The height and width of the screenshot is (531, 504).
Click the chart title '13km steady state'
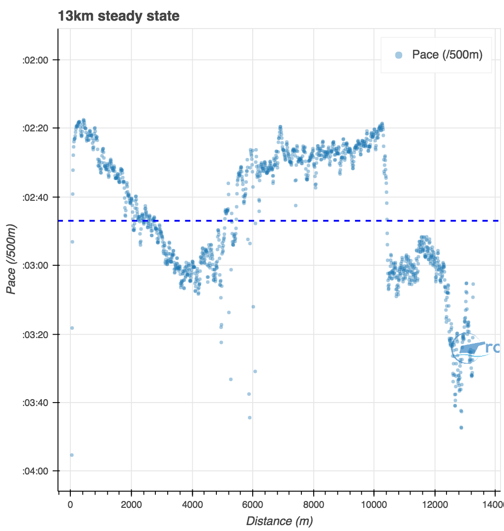click(x=119, y=16)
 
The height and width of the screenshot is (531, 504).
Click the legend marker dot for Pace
click(x=399, y=55)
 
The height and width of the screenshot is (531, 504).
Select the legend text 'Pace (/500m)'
click(x=447, y=55)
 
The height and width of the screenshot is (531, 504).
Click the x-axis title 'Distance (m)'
click(x=279, y=521)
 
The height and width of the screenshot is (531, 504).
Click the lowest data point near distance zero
click(x=72, y=455)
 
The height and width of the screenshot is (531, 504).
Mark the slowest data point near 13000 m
click(x=461, y=427)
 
